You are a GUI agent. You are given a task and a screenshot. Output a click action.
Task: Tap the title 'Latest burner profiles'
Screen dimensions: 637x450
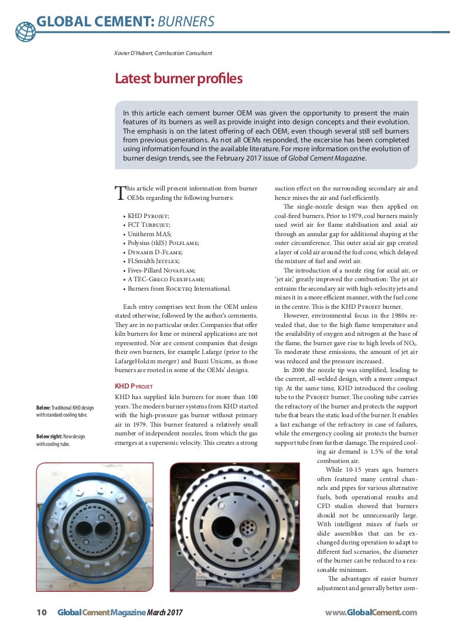(178, 79)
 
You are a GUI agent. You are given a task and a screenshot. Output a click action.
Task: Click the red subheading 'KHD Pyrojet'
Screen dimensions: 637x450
(134, 387)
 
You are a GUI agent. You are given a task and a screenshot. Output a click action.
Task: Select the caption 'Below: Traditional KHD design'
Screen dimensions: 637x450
(64, 411)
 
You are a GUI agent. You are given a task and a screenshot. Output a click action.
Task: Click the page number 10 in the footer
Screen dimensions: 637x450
(42, 612)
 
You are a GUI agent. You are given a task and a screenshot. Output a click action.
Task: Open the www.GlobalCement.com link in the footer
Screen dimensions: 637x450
(371, 612)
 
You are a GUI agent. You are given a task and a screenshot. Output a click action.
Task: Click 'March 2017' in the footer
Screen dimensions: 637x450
(165, 612)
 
